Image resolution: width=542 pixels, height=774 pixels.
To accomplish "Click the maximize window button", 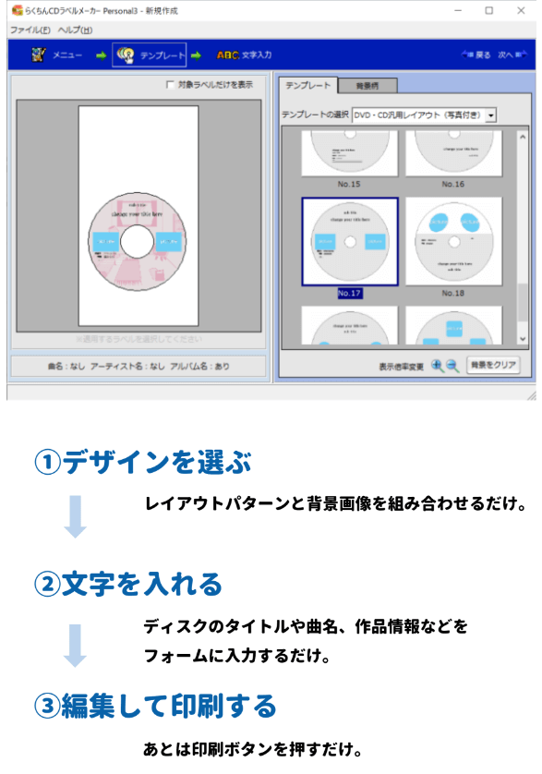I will click(488, 10).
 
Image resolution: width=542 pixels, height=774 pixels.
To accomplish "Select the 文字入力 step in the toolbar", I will click(245, 55).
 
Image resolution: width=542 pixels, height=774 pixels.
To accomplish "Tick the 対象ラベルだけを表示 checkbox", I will click(170, 85).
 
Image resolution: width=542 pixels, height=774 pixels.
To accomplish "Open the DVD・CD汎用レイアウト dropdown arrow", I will click(491, 115).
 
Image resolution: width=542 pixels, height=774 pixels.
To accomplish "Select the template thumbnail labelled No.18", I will click(452, 240).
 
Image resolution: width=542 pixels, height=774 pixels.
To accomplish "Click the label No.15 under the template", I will click(349, 184).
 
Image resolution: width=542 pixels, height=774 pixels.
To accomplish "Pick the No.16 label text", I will click(452, 184).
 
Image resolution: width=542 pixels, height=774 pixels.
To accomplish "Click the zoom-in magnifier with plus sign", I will click(438, 365).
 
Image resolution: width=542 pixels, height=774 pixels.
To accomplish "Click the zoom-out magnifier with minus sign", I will click(452, 365).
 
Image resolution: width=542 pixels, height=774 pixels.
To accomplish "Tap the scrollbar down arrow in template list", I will click(522, 340).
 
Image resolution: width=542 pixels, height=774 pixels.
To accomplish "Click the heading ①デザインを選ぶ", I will click(143, 462).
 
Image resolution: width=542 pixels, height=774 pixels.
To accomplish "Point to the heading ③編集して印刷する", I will click(155, 707).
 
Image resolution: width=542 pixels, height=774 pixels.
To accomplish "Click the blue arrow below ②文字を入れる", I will click(75, 644).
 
